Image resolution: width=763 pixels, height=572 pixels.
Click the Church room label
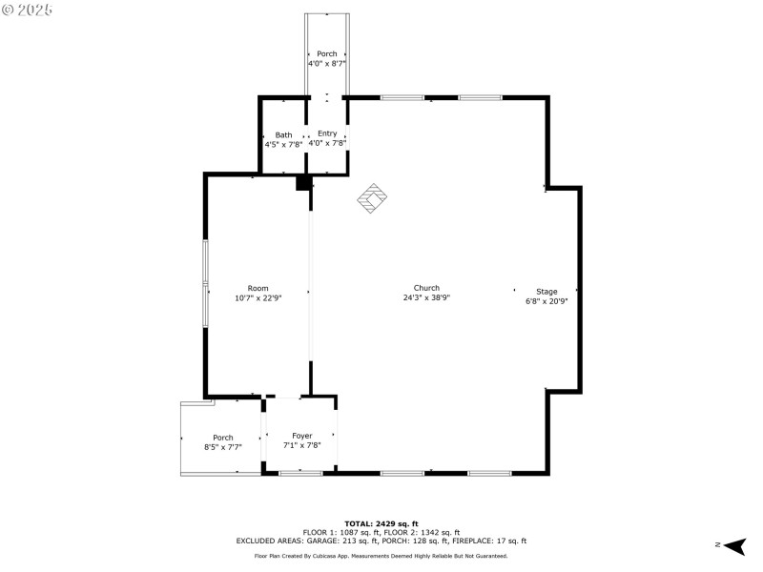click(x=426, y=288)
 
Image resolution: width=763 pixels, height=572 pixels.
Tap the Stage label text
click(x=546, y=292)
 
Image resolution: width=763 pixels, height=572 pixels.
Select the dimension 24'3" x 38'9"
click(x=426, y=297)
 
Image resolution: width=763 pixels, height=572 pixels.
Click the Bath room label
click(x=284, y=134)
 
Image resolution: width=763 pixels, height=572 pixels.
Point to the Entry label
click(x=327, y=133)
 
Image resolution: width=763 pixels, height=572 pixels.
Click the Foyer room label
click(x=301, y=436)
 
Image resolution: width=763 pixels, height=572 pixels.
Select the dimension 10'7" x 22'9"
click(x=258, y=297)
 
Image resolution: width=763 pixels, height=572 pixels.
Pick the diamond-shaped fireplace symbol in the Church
click(x=372, y=198)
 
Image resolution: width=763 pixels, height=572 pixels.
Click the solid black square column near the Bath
click(x=303, y=183)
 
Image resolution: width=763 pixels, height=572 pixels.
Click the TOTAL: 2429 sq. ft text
click(x=381, y=523)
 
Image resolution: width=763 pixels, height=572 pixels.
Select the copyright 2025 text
click(x=28, y=10)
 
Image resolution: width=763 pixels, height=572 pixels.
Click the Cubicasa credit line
click(x=381, y=556)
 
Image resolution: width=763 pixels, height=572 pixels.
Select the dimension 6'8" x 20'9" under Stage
click(x=546, y=301)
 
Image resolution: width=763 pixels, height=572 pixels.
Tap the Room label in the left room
click(x=258, y=288)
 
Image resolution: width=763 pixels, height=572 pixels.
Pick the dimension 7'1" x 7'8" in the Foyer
click(x=301, y=445)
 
